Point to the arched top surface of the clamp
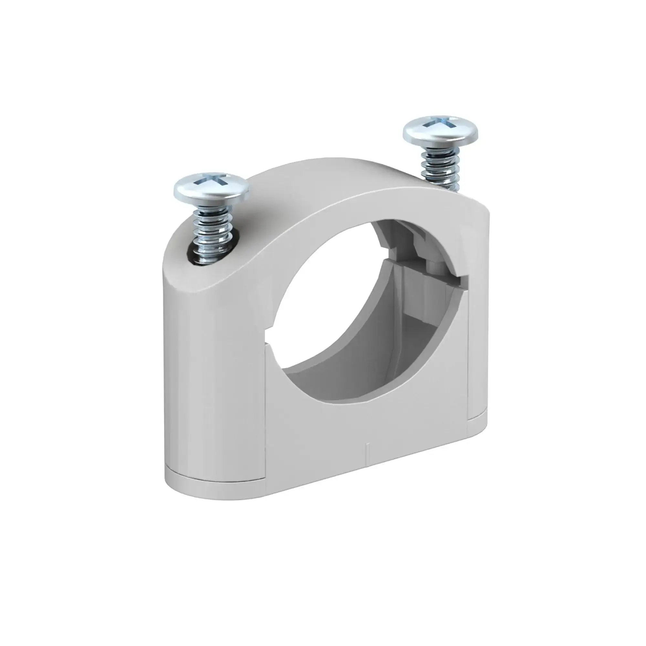pos(334,187)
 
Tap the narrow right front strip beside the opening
pos(473,351)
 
